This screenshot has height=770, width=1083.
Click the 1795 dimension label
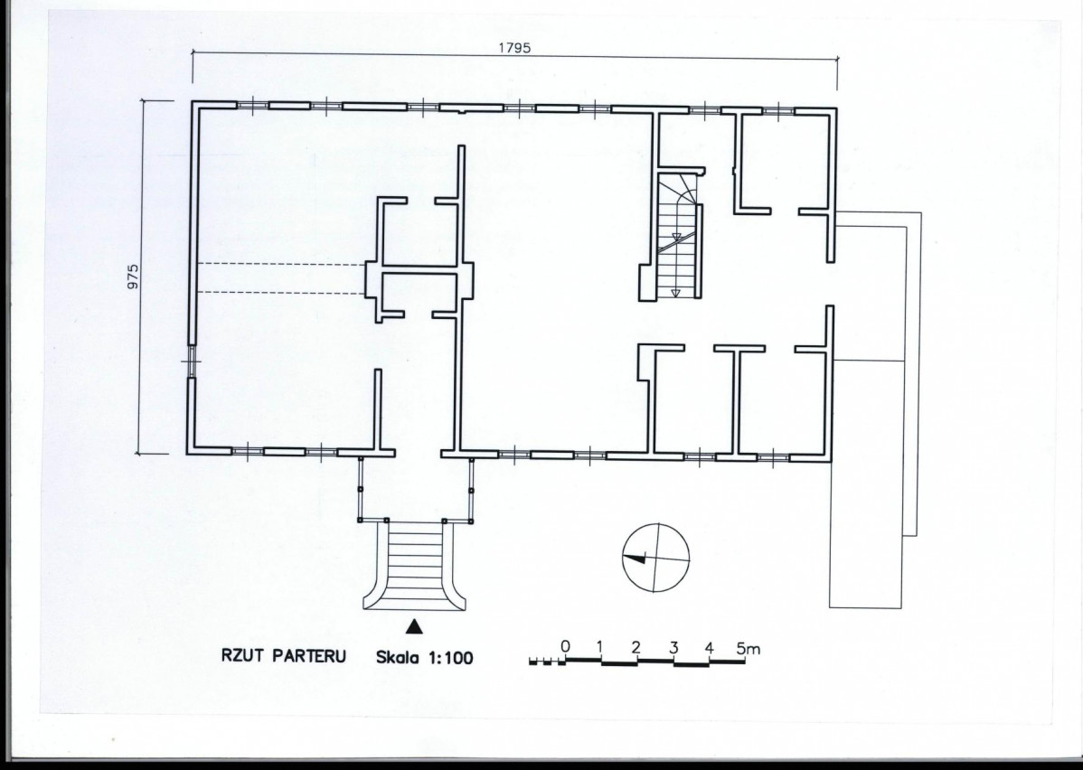coord(514,48)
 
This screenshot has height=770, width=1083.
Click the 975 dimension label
coord(133,277)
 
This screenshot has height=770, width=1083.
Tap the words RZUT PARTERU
coord(283,655)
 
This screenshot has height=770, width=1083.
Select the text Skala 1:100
coord(425,657)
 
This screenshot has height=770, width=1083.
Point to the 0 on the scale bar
coord(565,646)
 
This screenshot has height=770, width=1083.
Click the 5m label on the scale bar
coord(748,649)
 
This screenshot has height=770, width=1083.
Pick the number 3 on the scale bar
coord(673,647)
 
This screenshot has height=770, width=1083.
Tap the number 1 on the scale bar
coord(599,647)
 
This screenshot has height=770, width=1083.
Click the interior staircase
coord(679,236)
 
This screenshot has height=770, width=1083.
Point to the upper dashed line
coord(282,265)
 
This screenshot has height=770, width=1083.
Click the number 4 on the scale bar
coord(710,647)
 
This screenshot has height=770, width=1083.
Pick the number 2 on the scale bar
coord(636,647)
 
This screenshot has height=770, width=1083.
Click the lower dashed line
coord(282,293)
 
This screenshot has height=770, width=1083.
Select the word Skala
coord(398,657)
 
